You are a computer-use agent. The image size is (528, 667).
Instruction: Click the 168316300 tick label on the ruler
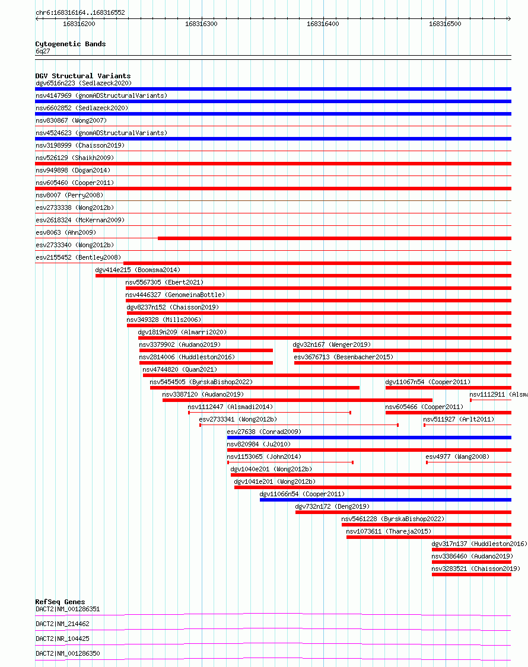(x=201, y=24)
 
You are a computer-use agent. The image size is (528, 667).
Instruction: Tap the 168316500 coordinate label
(x=444, y=24)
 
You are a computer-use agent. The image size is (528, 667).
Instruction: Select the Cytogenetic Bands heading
(x=70, y=44)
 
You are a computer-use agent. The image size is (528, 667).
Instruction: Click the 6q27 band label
(x=43, y=51)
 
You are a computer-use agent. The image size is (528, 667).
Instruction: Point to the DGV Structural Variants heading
(x=82, y=76)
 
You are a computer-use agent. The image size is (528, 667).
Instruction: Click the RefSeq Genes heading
(x=60, y=602)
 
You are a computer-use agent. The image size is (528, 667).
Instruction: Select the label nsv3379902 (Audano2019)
(x=179, y=344)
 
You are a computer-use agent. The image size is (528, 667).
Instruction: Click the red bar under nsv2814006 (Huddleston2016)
(x=206, y=363)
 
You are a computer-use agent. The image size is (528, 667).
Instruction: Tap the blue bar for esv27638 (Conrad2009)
(x=368, y=438)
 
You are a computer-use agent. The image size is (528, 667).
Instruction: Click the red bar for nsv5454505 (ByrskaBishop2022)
(x=255, y=388)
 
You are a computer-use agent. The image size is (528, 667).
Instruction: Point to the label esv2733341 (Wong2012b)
(x=237, y=419)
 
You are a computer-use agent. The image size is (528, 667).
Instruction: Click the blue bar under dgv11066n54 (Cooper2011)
(x=385, y=500)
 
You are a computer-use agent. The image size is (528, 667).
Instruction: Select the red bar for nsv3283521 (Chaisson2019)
(x=471, y=575)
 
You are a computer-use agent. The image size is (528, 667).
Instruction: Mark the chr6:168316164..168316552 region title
(x=80, y=12)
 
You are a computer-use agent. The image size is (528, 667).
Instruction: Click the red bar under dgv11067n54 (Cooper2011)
(x=448, y=388)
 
